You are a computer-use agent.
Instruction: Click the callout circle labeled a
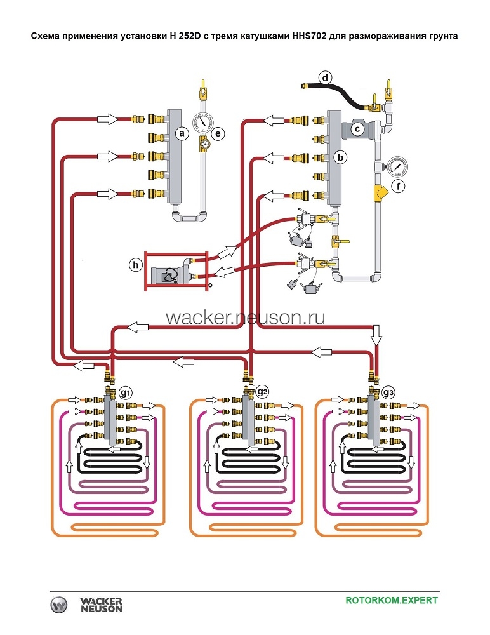[x=182, y=134]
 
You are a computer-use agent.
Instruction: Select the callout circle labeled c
[x=357, y=129]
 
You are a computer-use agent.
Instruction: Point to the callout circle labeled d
[x=326, y=79]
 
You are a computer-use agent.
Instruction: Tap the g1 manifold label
[x=125, y=392]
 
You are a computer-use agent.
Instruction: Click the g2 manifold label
[x=262, y=392]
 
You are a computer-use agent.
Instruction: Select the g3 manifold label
[x=389, y=392]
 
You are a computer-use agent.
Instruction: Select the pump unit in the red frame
[x=171, y=273]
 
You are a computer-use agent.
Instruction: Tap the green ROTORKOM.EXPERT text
[x=392, y=600]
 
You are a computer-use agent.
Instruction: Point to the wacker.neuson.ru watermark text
[x=245, y=317]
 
